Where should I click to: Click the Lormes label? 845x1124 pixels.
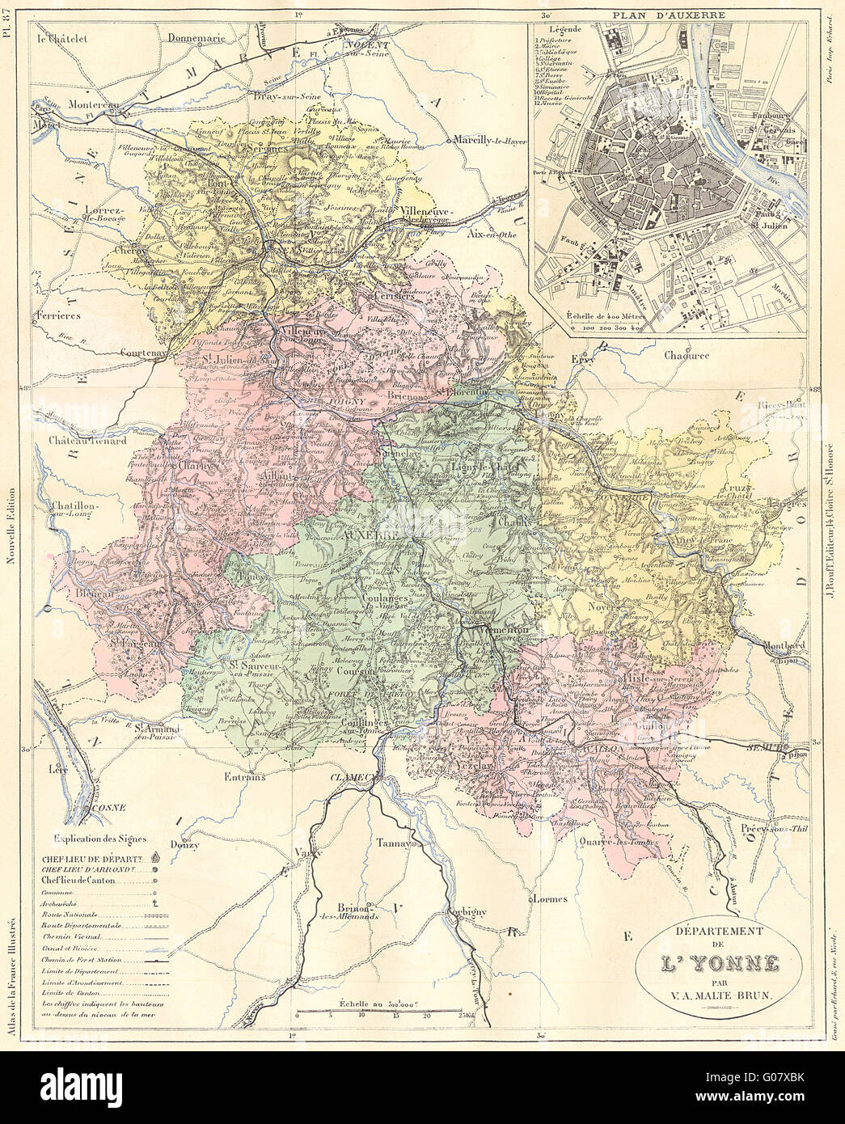point(549,898)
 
